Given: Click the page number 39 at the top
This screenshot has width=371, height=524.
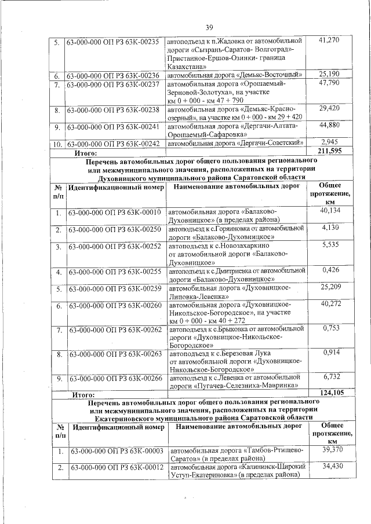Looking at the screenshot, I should [x=209, y=27].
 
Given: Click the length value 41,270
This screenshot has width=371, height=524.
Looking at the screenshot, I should [x=329, y=40].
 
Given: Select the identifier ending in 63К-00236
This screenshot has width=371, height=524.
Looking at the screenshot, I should [x=113, y=75].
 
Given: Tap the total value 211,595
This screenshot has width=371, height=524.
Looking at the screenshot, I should [x=331, y=152].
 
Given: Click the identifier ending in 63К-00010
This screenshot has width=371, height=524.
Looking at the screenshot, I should [x=114, y=213].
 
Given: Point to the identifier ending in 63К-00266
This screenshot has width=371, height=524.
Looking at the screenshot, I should [x=114, y=379].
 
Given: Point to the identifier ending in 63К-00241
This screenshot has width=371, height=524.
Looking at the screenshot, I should [x=113, y=127].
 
